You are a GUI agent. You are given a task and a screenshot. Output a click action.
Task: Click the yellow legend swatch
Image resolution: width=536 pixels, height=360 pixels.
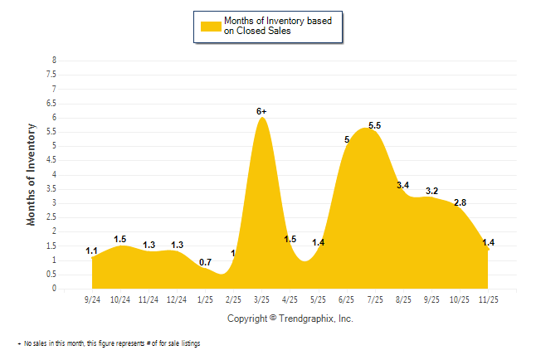click(210, 26)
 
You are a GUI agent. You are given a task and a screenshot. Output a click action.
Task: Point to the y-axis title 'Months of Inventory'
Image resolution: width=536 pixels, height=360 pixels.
click(32, 174)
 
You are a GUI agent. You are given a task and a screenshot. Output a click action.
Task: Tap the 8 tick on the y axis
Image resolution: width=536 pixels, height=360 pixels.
click(54, 61)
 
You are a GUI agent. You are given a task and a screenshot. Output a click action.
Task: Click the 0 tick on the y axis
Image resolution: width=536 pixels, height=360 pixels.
click(54, 289)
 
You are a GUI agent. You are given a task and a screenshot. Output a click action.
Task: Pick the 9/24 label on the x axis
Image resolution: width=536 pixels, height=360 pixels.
click(94, 299)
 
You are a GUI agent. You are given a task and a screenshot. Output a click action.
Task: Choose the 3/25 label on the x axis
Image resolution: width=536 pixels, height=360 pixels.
click(261, 299)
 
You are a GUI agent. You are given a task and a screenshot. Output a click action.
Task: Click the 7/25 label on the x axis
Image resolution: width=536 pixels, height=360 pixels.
click(374, 299)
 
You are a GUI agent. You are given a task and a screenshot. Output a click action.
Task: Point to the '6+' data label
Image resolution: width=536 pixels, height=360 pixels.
click(261, 110)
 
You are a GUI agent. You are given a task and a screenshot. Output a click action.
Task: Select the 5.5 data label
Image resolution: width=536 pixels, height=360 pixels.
click(374, 125)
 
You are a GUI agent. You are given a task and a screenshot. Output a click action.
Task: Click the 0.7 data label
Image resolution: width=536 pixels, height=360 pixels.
click(206, 262)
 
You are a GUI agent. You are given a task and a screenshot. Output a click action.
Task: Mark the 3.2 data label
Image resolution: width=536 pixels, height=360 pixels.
click(431, 191)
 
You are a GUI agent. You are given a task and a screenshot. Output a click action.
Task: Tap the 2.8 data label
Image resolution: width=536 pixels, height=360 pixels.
click(460, 202)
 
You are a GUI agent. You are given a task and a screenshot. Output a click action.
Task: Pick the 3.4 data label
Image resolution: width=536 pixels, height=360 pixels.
click(403, 185)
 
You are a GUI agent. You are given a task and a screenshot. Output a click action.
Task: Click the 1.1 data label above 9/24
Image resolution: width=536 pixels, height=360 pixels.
click(92, 251)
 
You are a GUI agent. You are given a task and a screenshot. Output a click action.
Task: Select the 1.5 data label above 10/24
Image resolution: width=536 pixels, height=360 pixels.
click(120, 239)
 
